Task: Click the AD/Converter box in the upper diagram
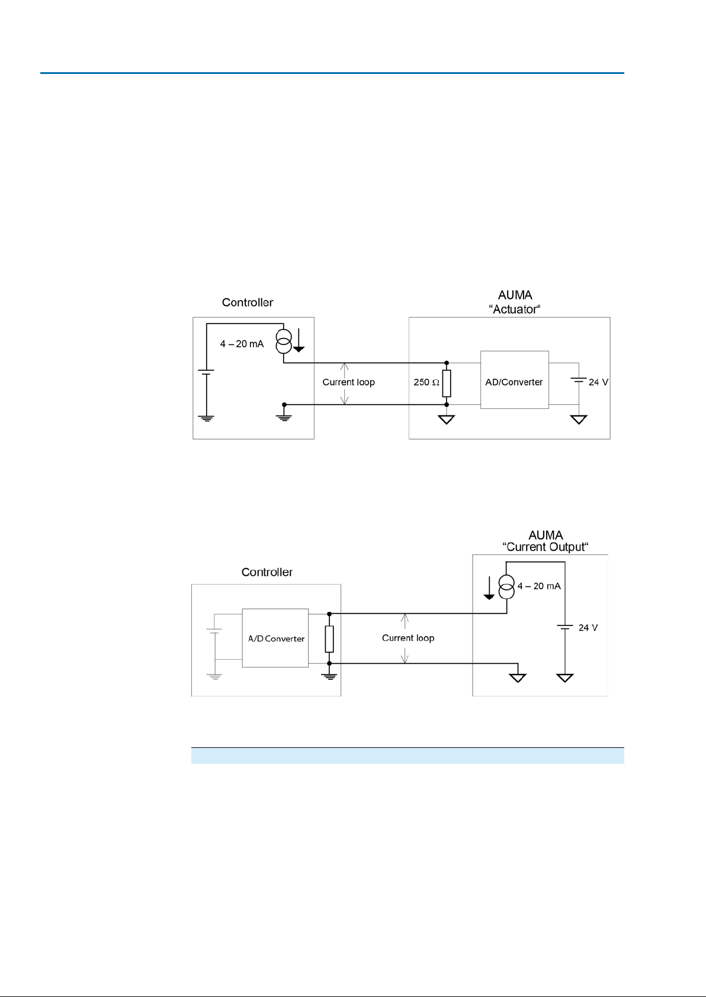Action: (514, 380)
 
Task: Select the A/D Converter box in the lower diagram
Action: (275, 638)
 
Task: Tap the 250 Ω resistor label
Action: (426, 382)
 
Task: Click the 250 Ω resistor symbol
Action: (447, 383)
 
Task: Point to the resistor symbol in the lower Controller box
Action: (329, 639)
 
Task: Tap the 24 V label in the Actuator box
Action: (598, 382)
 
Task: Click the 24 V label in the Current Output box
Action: (588, 628)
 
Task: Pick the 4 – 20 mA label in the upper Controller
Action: (242, 344)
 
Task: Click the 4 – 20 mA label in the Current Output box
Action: (539, 586)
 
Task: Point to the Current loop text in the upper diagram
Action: (348, 382)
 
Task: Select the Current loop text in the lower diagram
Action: (408, 638)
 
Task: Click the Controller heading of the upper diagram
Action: (248, 302)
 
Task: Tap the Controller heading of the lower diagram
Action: (267, 572)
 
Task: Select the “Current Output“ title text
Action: (545, 547)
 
